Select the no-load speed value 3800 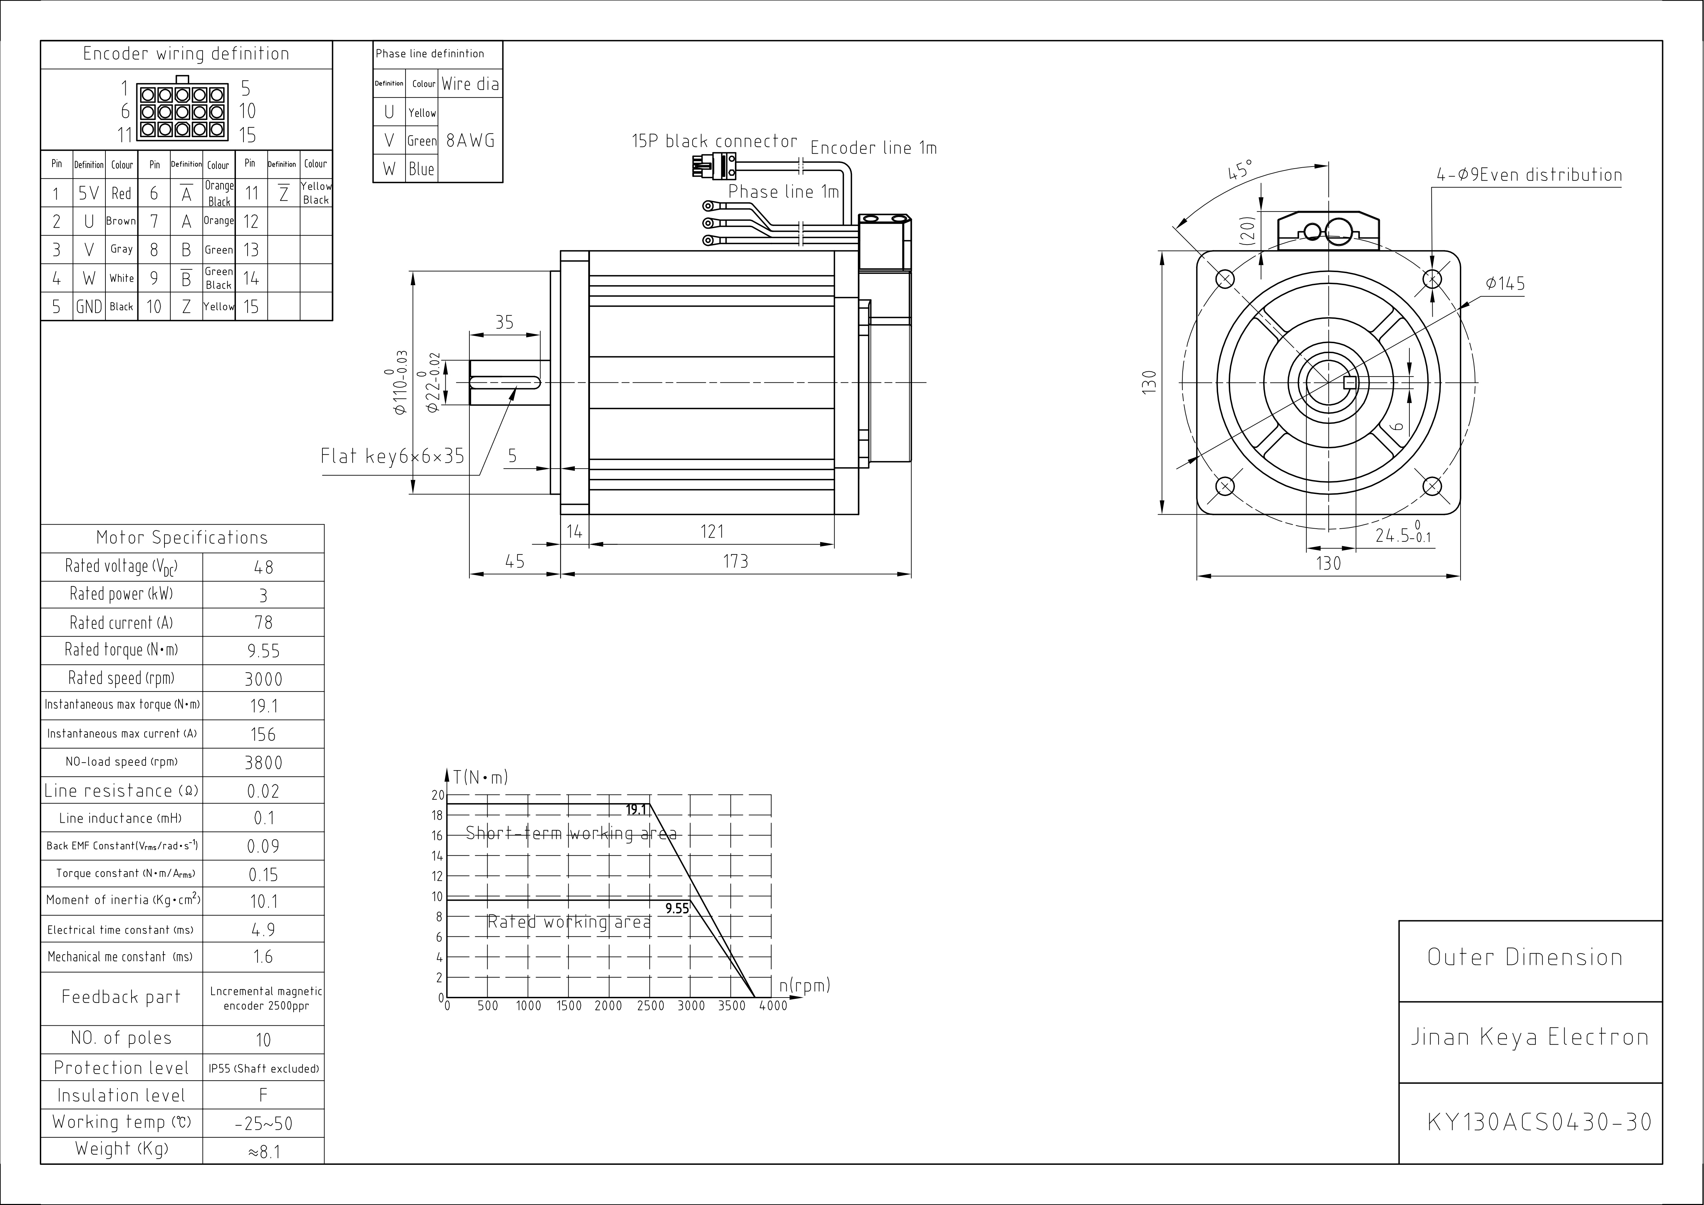263,763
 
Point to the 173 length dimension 736,561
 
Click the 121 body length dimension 712,532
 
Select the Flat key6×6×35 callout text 392,456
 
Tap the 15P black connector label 714,141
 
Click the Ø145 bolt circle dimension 1505,284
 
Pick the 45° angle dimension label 1239,170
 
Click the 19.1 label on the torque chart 637,810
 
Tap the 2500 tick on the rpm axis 650,1006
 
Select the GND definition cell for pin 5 89,307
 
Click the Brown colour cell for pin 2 121,221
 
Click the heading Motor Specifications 182,538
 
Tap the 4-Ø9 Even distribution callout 1529,175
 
